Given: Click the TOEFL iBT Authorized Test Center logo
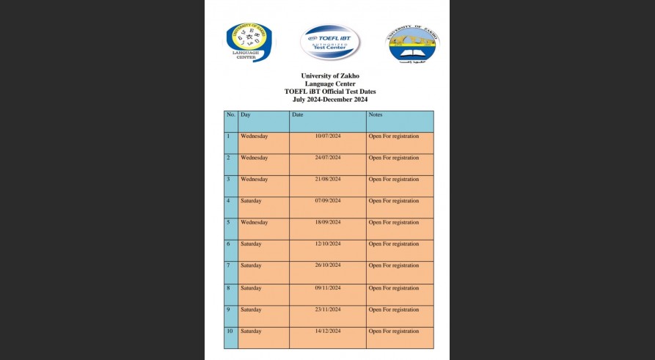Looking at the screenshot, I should (x=330, y=42).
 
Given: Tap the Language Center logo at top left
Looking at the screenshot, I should (x=249, y=41).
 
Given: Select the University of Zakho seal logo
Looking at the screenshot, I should (x=412, y=43).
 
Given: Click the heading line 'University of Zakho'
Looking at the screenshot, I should (x=330, y=76).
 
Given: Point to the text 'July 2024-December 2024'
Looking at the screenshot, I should (x=330, y=99).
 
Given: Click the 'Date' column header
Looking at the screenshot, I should (x=297, y=115).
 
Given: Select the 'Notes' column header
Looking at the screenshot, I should (x=376, y=115).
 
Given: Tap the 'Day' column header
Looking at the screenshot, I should (x=246, y=115).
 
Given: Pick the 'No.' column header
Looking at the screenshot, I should (x=231, y=115).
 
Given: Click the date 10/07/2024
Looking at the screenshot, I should (x=328, y=136).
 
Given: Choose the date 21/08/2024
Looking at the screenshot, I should (x=328, y=180).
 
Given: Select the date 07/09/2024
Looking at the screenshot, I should (x=328, y=201).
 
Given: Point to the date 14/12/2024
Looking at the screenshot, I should (x=328, y=331).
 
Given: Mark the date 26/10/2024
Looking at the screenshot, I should (x=328, y=266).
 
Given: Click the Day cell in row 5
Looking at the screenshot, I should (x=254, y=223).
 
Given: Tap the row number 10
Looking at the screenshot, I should (x=230, y=331).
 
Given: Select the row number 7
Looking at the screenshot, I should (x=228, y=266).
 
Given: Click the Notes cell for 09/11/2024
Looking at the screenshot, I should (x=394, y=288).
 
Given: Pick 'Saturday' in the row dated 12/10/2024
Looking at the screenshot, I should (x=251, y=244).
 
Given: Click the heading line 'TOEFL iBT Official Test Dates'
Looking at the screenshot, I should (x=330, y=91).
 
